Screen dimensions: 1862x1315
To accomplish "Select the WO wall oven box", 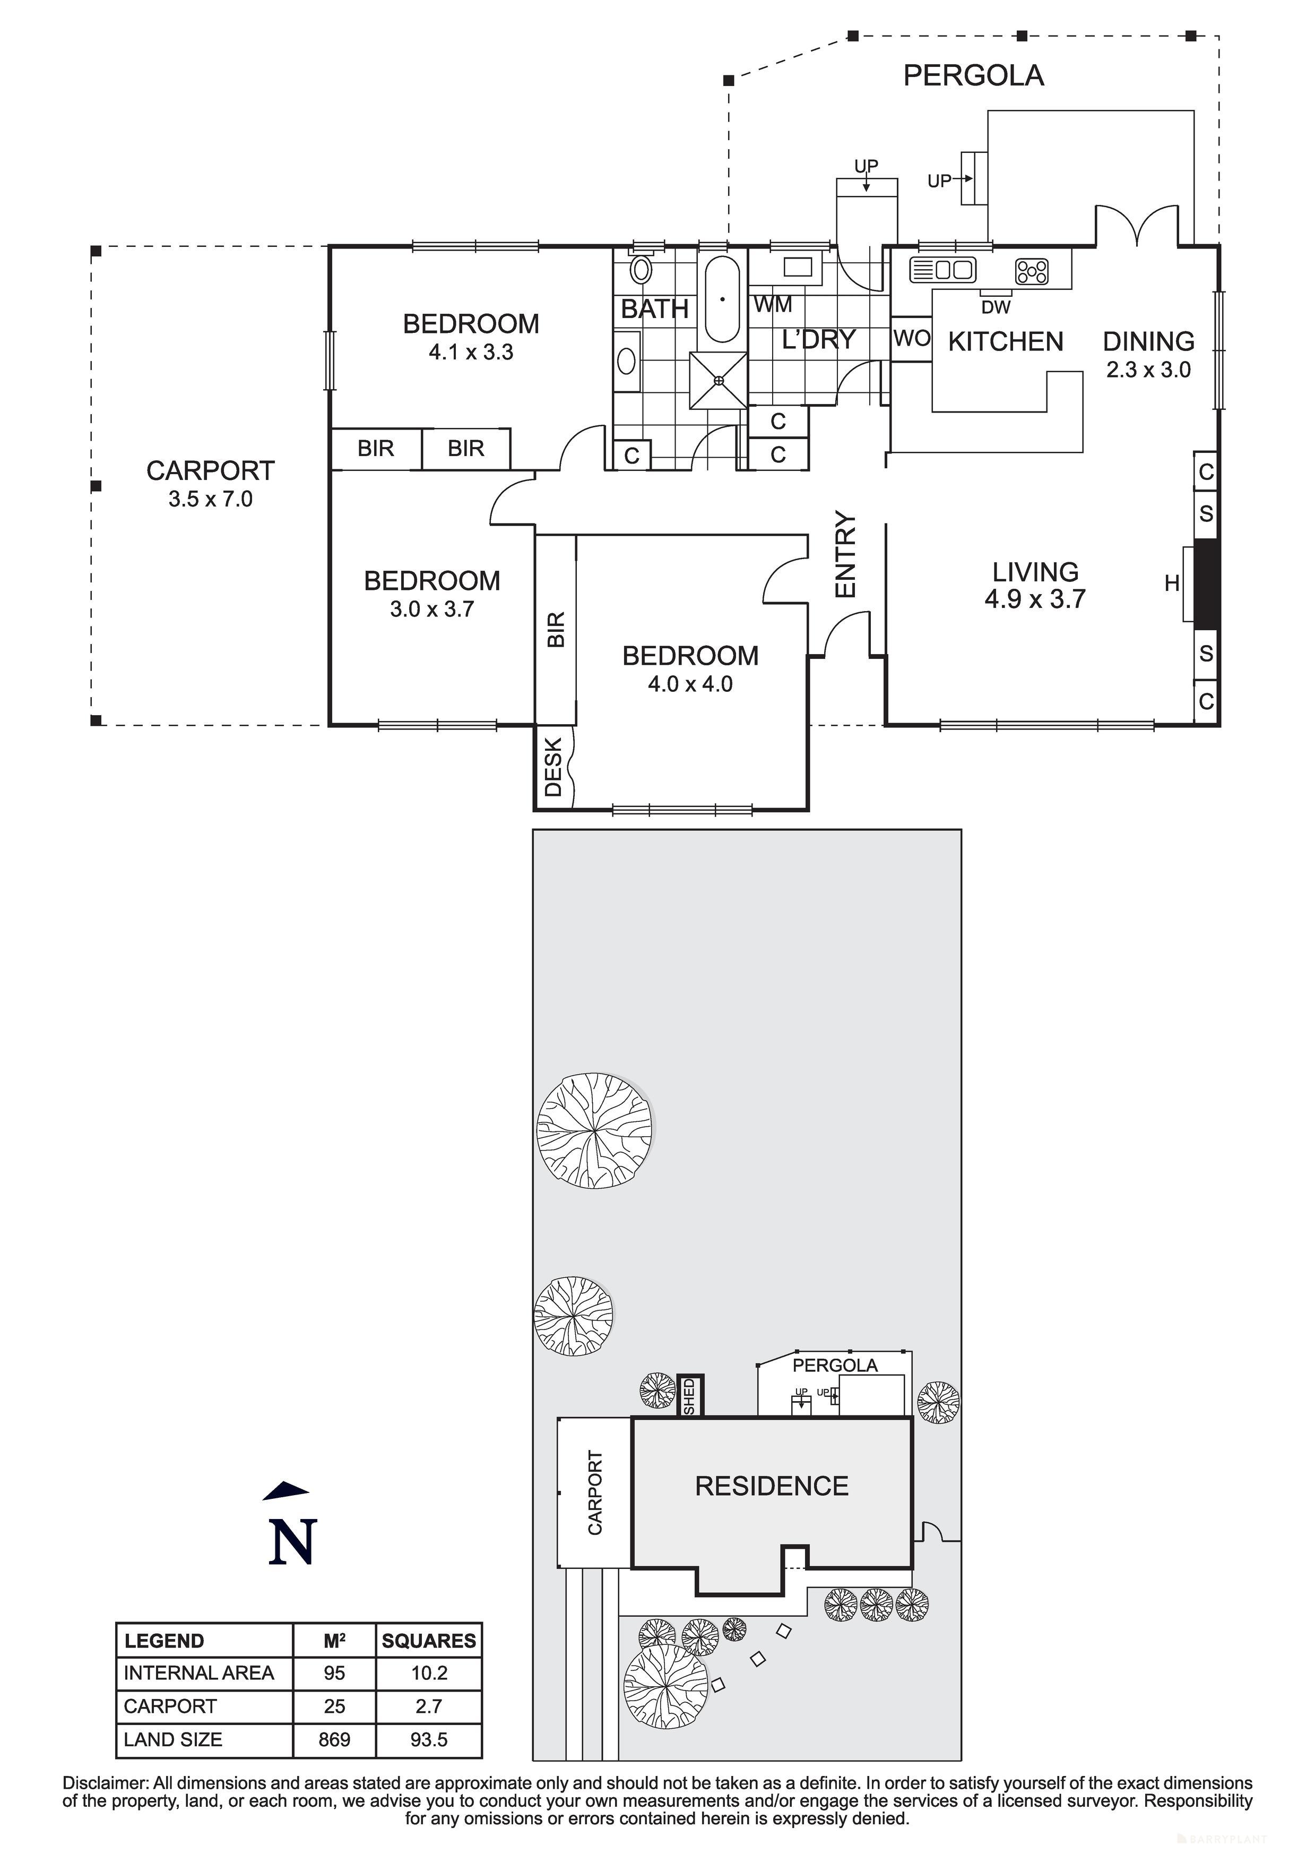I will pyautogui.click(x=911, y=338).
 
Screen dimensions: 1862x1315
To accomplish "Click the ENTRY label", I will pyautogui.click(x=845, y=555).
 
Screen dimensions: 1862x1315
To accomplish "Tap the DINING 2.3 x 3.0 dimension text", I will pyautogui.click(x=1148, y=371).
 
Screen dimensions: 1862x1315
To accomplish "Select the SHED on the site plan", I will pyautogui.click(x=690, y=1396).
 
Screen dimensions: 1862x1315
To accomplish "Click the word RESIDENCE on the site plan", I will pyautogui.click(x=771, y=1486).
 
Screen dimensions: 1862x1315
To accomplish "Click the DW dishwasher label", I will pyautogui.click(x=996, y=307).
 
